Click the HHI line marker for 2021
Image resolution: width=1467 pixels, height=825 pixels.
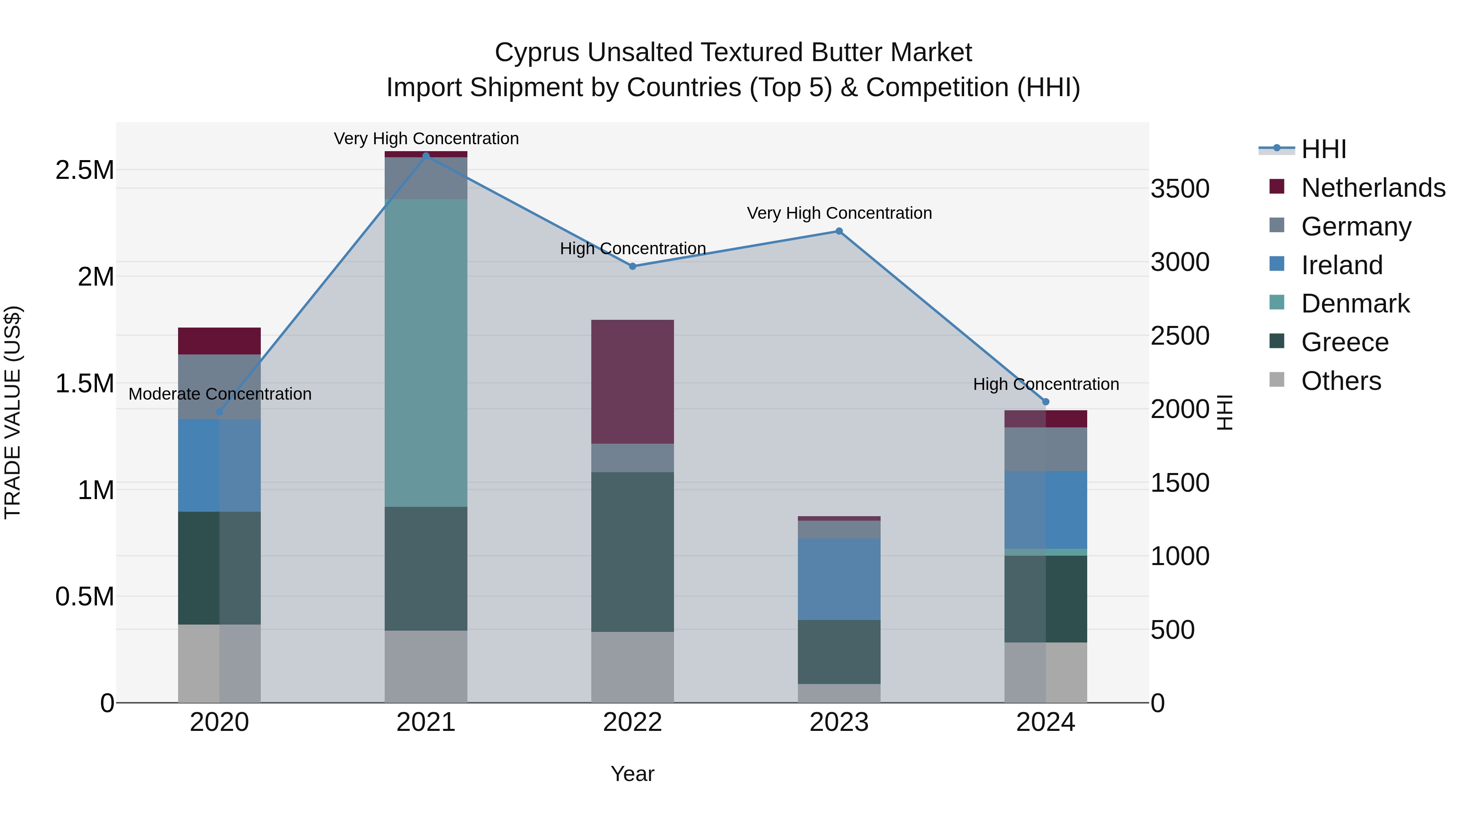[x=426, y=156]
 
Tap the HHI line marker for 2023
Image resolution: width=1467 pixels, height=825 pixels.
[x=839, y=231]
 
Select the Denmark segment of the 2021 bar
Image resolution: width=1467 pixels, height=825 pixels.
[x=426, y=353]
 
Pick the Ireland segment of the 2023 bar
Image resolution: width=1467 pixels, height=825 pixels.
[x=839, y=579]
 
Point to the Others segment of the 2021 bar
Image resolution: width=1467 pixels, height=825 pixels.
[x=426, y=666]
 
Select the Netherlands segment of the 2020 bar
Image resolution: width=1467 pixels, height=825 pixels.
[x=219, y=341]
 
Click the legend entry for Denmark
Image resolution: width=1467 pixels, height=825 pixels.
[x=1355, y=304]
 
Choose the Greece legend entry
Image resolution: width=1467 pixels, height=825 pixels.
[x=1345, y=342]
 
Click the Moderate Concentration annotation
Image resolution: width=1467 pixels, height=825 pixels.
[x=220, y=394]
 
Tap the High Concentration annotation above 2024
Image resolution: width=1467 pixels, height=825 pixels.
[x=1046, y=384]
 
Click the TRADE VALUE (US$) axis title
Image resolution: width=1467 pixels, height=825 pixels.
[x=13, y=412]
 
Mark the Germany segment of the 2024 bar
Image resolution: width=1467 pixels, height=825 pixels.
[x=1046, y=449]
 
